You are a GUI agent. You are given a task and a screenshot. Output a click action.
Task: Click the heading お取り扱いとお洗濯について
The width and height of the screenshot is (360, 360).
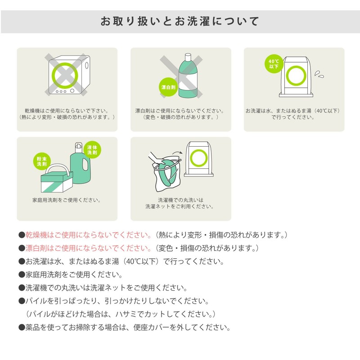pos(180,21)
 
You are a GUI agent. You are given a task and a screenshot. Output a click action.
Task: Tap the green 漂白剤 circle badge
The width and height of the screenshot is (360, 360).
pos(168,87)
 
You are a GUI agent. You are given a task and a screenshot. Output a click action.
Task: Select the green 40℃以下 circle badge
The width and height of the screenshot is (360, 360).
pos(274,64)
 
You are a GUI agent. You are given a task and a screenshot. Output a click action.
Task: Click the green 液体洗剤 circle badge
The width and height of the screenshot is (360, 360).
pos(92,150)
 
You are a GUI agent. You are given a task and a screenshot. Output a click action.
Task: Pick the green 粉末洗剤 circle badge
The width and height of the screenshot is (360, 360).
pos(42,162)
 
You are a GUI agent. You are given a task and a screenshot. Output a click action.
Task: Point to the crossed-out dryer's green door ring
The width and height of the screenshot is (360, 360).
pos(65,75)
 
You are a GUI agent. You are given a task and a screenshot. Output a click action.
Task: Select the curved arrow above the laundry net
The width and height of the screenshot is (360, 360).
pos(177,153)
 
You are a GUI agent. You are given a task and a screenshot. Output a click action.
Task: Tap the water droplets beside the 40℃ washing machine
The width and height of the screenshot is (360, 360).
pos(319,74)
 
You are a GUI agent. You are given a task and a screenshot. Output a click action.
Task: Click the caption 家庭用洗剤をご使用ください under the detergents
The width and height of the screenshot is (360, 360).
pos(66,200)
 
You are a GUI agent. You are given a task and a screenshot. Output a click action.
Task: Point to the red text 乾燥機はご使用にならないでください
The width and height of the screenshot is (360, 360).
pos(88,235)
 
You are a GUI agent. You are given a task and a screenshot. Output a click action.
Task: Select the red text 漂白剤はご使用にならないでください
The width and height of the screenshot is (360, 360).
pos(88,248)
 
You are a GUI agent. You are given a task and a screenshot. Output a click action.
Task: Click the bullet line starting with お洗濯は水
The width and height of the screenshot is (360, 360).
pos(121,261)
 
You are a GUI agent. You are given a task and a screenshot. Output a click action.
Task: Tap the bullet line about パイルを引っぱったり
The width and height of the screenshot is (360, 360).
pos(114,301)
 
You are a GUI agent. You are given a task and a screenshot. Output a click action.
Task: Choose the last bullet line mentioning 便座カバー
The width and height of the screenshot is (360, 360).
pos(125,327)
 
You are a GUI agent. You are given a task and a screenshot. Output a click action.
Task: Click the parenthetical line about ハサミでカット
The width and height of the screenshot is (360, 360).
pos(121,314)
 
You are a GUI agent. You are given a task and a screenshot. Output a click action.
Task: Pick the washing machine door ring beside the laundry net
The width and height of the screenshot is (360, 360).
pos(199,158)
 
